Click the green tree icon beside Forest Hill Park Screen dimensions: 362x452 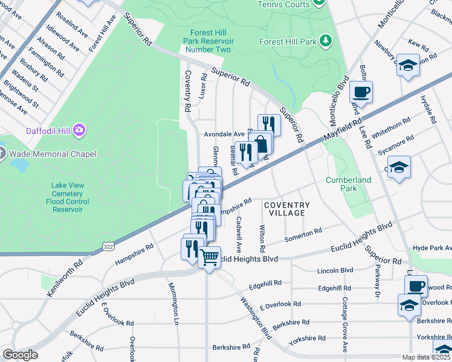click(326, 41)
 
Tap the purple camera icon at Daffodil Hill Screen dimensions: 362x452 click(79, 130)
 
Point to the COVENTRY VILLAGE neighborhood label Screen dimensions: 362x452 click(287, 209)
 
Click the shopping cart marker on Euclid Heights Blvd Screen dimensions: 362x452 click(209, 258)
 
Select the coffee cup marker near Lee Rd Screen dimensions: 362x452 click(361, 92)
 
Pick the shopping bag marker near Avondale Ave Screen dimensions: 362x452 click(261, 144)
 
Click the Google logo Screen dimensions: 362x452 click(21, 355)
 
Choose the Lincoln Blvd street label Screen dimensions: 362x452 click(339, 270)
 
